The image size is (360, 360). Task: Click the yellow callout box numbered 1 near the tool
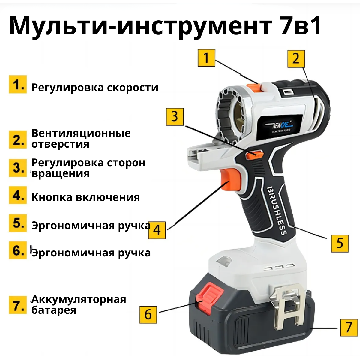[x=206, y=58]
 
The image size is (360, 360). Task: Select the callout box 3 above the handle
[x=175, y=116]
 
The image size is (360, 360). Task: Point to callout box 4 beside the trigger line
[x=157, y=230]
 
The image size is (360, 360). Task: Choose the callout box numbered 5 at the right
[x=340, y=243]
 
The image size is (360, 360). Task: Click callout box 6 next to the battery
[x=148, y=314]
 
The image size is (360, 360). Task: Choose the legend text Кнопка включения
[x=85, y=197]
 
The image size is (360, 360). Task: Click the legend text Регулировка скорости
[x=95, y=88]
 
